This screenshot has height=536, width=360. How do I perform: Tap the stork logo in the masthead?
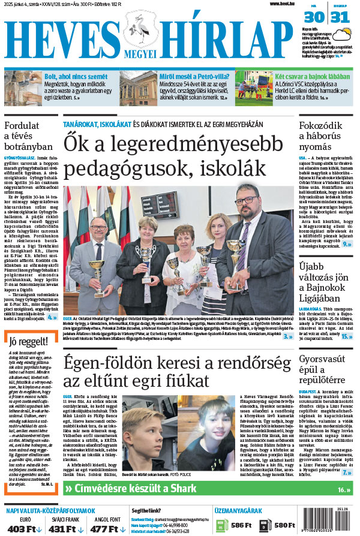coord(141,27)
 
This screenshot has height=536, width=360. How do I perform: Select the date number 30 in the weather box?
coord(318,17)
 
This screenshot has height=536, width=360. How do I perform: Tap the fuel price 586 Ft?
coord(239,525)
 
